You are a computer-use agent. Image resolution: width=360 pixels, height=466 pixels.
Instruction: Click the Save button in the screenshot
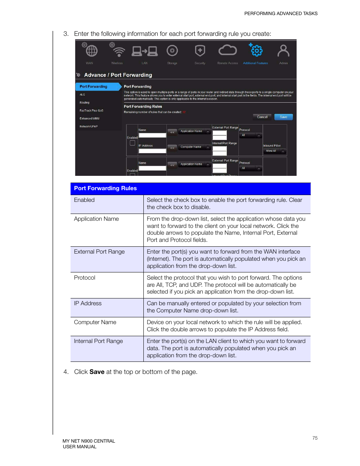pos(283,117)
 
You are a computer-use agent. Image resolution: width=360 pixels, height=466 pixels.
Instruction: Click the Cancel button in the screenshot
pos(262,117)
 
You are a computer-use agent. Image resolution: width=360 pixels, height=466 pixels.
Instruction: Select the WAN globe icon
pos(91,51)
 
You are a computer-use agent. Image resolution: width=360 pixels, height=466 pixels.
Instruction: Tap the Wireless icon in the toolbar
pos(119,51)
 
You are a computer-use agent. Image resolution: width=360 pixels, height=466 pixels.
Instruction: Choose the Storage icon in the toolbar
pos(172,51)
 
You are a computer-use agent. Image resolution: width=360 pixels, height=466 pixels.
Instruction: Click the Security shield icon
pos(200,51)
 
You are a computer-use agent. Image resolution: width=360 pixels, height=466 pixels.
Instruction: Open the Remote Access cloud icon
pos(228,50)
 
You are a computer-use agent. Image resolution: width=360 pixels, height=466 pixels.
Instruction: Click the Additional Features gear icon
pos(256,51)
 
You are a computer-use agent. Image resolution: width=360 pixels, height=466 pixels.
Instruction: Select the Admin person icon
pos(283,51)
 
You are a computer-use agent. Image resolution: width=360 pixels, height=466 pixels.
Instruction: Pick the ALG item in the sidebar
pos(82,95)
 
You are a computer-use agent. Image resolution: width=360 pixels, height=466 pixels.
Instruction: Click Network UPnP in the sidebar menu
pos(89,126)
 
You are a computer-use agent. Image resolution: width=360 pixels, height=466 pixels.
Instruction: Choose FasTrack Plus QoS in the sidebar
pos(91,111)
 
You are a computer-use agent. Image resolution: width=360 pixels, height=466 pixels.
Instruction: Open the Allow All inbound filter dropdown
pos(275,151)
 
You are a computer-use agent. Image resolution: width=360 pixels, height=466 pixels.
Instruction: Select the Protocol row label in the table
pos(85,278)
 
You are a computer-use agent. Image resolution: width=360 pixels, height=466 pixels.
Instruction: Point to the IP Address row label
pos(88,303)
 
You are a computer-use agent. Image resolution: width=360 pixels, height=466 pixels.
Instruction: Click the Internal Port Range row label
pos(98,341)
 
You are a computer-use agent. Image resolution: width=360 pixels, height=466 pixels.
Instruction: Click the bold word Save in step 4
pos(97,372)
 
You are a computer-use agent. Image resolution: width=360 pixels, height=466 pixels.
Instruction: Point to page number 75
pos(315,438)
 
